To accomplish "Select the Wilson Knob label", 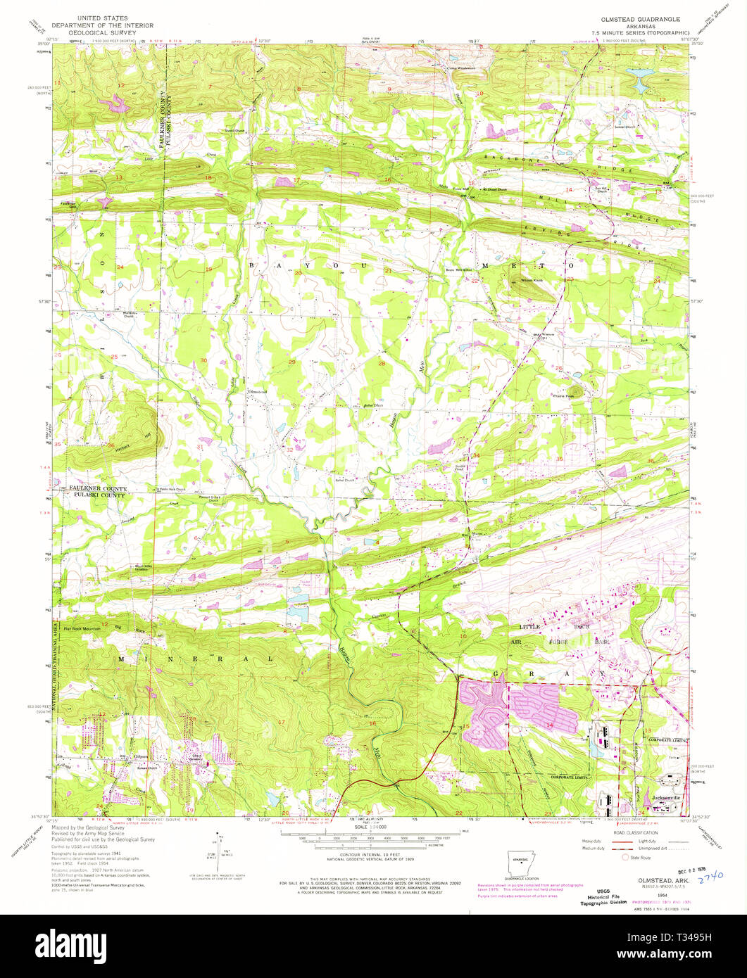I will click(521, 280).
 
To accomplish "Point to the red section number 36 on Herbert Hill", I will click(111, 445).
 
